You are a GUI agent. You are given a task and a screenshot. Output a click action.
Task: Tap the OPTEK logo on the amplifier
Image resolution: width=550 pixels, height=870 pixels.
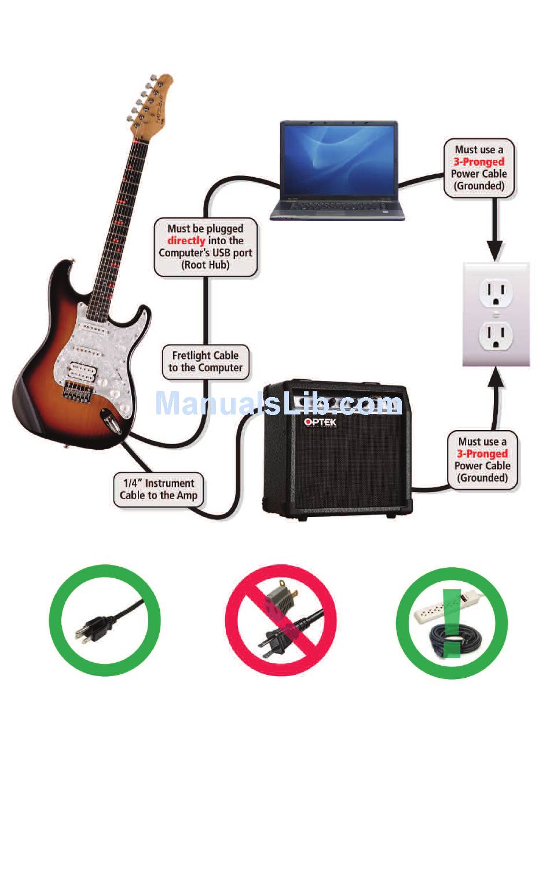320,422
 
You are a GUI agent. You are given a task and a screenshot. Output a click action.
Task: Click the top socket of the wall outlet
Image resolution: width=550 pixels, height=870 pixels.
496,292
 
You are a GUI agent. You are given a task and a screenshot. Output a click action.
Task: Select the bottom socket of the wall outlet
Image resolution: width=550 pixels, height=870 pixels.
496,335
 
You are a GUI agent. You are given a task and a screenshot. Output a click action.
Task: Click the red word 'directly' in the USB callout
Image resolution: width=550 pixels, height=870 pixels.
186,241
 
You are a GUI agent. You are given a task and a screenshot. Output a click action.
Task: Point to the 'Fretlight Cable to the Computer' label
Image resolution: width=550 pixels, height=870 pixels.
206,362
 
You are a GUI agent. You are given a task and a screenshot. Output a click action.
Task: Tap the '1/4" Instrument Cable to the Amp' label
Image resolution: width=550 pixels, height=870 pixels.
159,489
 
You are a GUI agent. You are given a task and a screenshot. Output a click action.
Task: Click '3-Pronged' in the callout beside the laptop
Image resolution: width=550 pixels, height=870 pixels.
479,162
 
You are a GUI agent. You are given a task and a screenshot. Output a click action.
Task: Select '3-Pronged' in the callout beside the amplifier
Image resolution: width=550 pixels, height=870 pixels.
482,454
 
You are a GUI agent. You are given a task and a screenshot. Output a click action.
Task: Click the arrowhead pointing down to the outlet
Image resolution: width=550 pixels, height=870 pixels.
495,251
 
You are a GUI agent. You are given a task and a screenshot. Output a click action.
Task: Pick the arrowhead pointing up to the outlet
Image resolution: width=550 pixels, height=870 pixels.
496,377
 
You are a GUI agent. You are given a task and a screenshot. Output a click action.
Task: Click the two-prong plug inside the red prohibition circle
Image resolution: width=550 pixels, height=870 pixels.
275,643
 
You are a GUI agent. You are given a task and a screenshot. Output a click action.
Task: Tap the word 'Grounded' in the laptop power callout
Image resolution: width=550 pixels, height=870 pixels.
479,186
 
